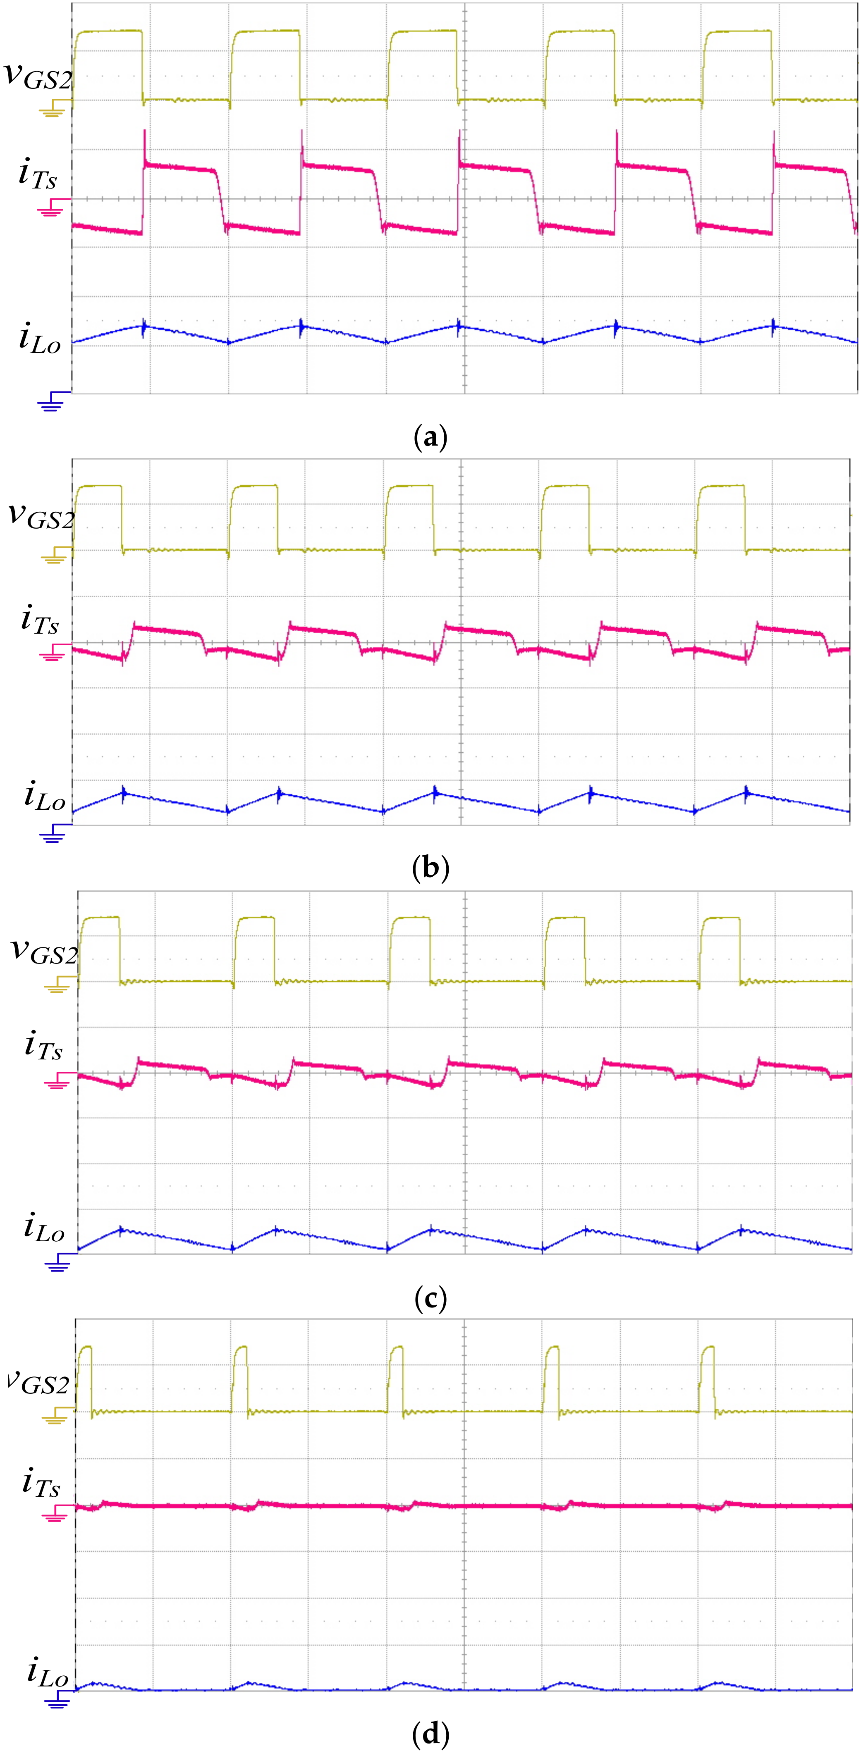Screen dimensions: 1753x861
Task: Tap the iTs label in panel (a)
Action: [38, 174]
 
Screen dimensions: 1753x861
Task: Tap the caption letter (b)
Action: [430, 868]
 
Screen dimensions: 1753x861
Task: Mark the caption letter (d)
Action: [430, 1734]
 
